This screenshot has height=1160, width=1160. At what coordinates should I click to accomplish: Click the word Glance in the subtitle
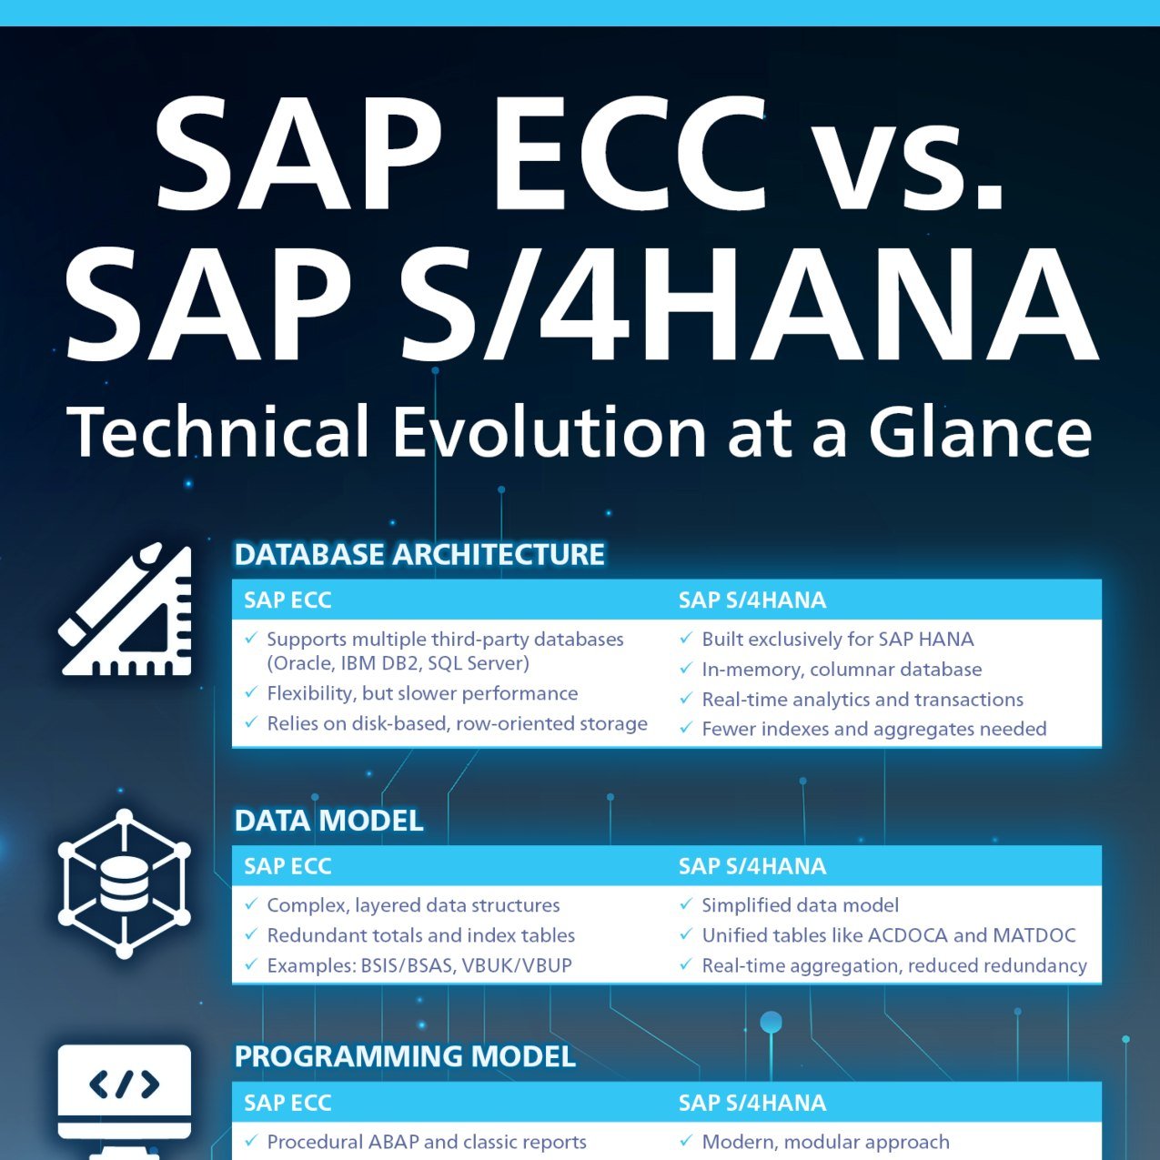(x=980, y=431)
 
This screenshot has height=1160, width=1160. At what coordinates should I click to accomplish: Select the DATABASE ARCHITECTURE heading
(x=419, y=554)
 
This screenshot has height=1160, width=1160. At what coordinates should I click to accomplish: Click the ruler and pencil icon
(x=126, y=609)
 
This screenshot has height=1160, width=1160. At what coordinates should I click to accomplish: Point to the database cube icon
(x=125, y=883)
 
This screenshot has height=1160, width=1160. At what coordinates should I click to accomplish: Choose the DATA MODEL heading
(x=328, y=821)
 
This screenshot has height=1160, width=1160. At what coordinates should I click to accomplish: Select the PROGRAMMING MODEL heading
(x=405, y=1056)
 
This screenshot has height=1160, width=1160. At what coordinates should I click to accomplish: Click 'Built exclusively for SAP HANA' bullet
(x=837, y=640)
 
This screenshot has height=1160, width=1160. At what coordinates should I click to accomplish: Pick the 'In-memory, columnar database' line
(x=842, y=670)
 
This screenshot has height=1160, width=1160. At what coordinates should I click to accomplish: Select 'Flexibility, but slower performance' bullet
(x=422, y=693)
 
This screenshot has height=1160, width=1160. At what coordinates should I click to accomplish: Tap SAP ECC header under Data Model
(x=287, y=866)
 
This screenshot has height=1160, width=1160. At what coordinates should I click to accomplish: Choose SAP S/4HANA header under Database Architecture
(x=752, y=600)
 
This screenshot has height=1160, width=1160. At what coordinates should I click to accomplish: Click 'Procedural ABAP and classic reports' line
(x=426, y=1142)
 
